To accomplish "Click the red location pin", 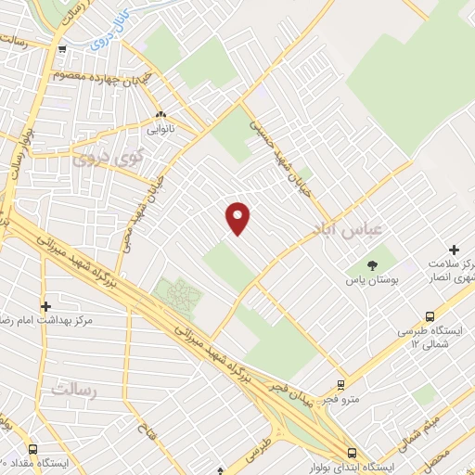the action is (x=238, y=217).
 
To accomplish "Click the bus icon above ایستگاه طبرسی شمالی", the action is (x=430, y=315).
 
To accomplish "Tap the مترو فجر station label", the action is (x=341, y=399).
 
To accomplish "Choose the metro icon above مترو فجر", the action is (x=341, y=384).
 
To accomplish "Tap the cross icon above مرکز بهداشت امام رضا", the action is (x=45, y=305).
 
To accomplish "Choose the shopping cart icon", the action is (x=61, y=51).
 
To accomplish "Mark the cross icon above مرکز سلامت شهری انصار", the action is (x=454, y=249).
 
